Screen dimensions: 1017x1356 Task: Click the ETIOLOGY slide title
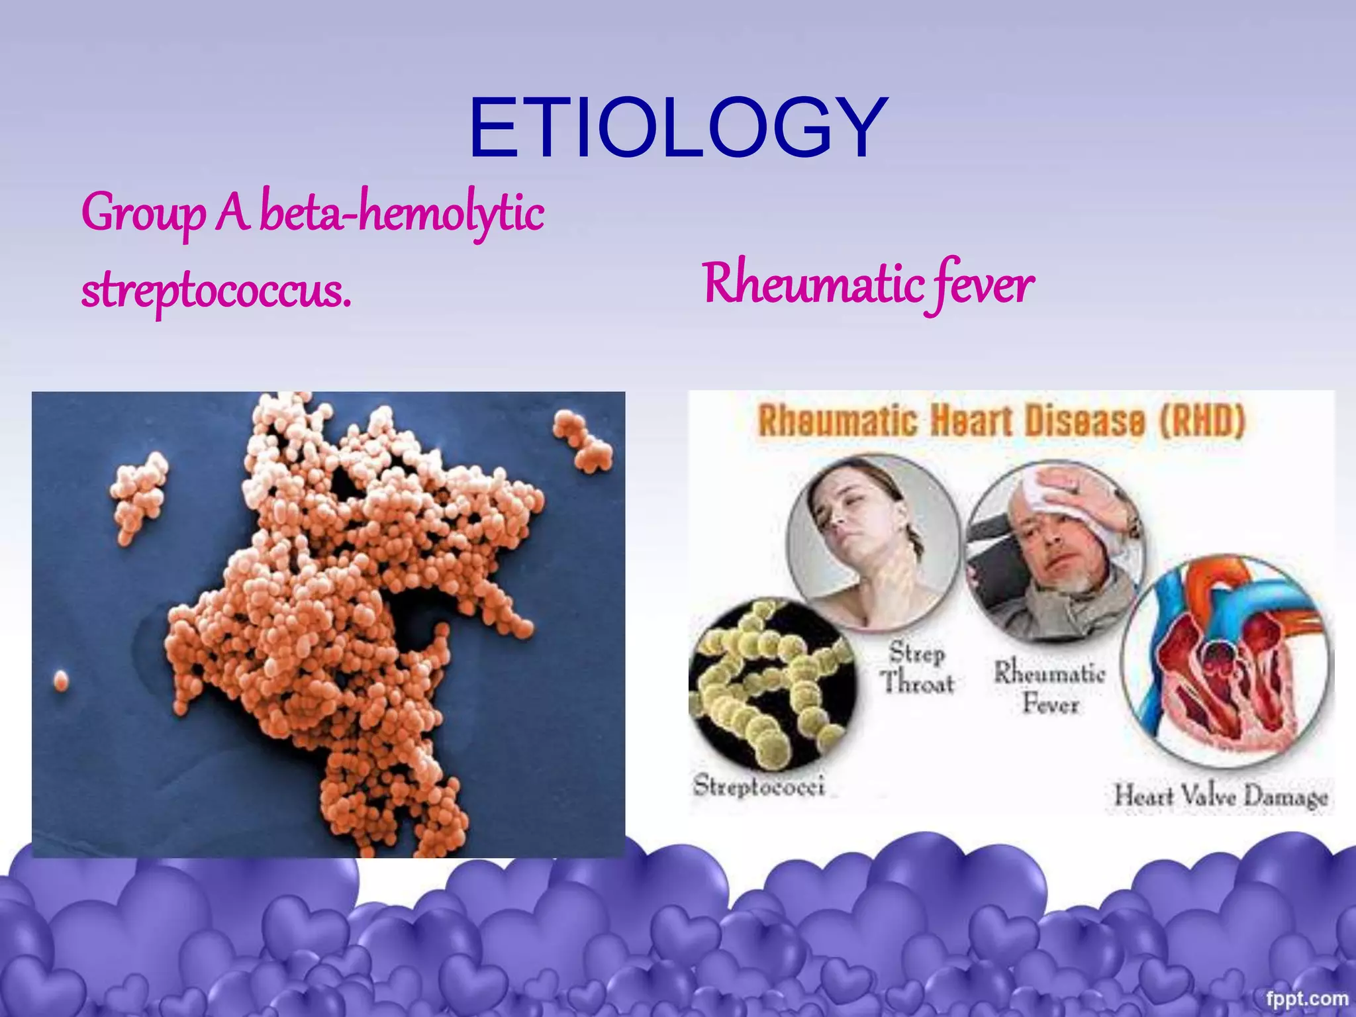(678, 127)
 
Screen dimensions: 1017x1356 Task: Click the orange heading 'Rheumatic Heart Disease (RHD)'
(1001, 422)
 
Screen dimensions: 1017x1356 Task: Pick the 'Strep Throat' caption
(917, 667)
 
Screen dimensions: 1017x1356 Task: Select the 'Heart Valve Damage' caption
(1220, 796)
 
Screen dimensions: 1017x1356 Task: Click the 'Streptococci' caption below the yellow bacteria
(759, 787)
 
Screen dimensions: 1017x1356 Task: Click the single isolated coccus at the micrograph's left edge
(60, 680)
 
